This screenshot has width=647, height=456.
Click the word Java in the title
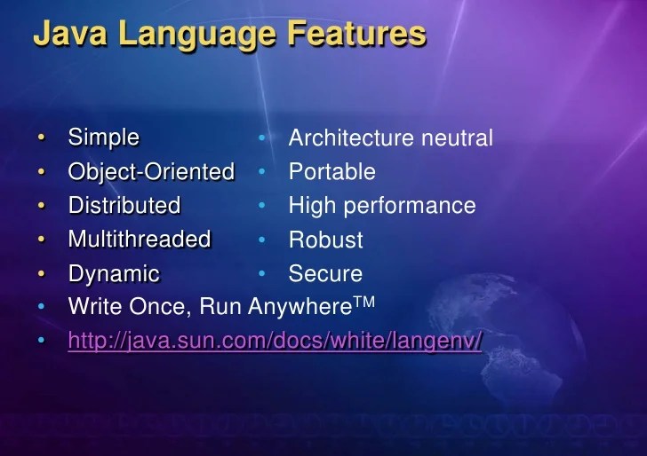click(71, 35)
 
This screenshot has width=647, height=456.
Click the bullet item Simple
click(103, 138)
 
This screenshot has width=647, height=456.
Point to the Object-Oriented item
click(151, 171)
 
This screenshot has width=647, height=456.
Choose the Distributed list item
click(124, 206)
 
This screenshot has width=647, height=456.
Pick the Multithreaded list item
click(139, 240)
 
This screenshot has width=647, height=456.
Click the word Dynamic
click(114, 274)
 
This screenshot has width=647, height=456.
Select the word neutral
click(457, 138)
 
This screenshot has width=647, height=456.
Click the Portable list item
click(331, 172)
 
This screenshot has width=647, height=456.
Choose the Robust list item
click(325, 240)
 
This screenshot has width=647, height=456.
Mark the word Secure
click(325, 274)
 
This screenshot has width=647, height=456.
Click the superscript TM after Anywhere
click(365, 303)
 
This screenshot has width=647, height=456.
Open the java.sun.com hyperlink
click(275, 342)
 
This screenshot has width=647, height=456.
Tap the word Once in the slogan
click(163, 308)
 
